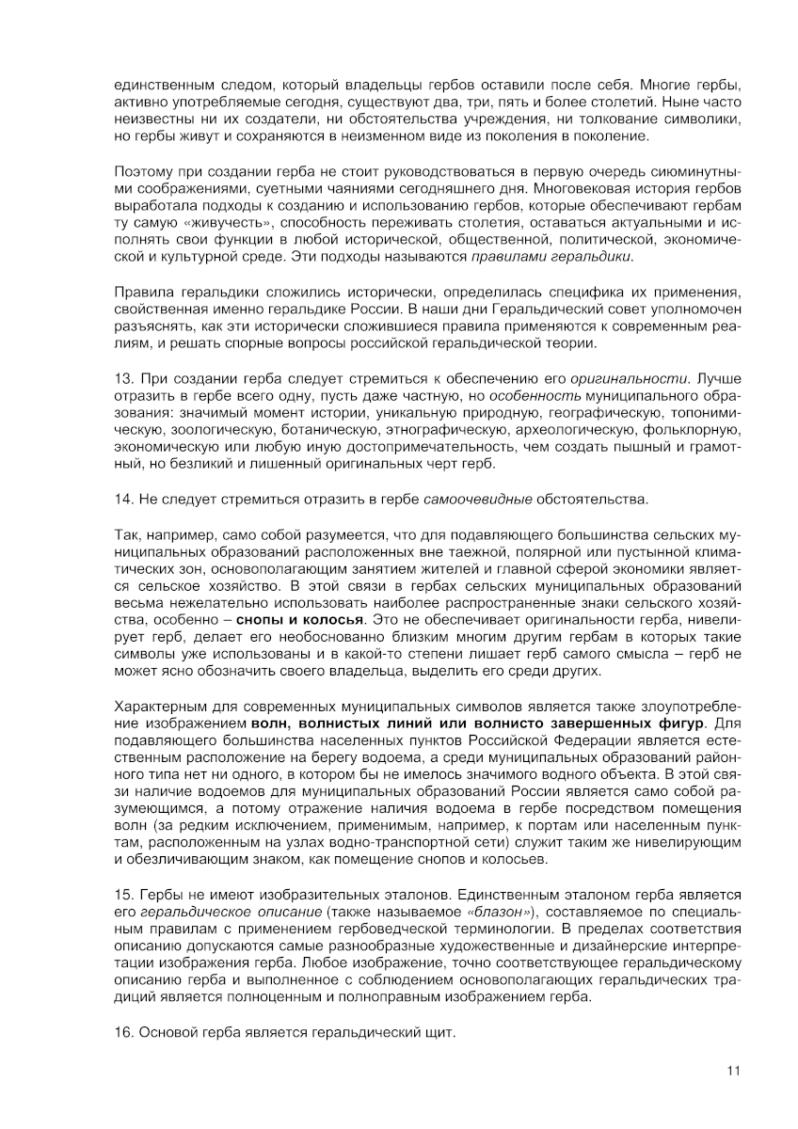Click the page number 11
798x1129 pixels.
734,1070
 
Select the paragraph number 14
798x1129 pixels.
121,498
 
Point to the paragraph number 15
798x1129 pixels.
121,894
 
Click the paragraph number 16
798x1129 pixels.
121,1032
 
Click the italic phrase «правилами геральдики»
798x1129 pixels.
551,257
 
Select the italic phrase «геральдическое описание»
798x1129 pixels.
210,911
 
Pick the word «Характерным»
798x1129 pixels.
157,707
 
